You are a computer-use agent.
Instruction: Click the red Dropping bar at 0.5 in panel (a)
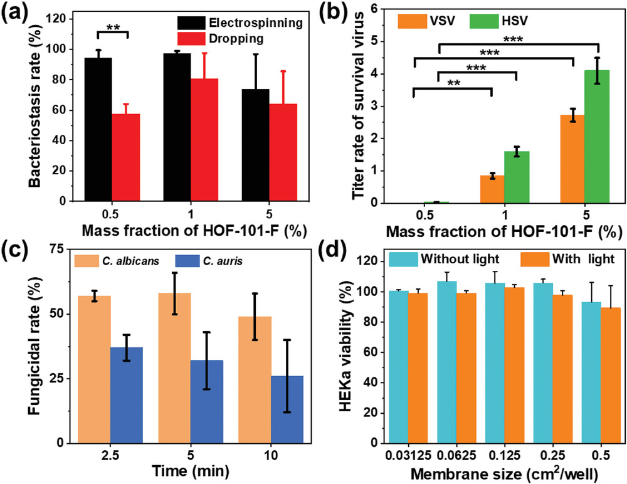pyautogui.click(x=125, y=157)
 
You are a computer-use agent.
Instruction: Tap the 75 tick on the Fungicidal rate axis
pyautogui.click(x=58, y=249)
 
